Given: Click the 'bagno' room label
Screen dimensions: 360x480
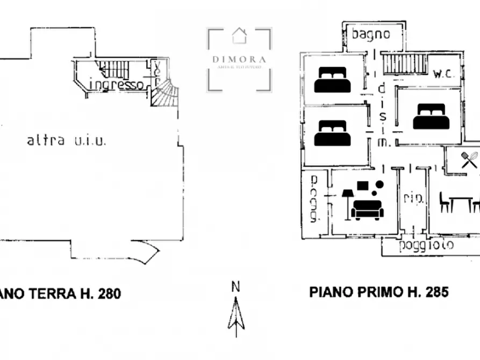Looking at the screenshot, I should [x=370, y=34].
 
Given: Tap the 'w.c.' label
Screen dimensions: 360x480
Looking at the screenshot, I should [x=444, y=73].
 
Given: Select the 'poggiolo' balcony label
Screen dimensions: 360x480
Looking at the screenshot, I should [x=426, y=246].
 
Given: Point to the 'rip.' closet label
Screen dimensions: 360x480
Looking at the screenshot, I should [x=413, y=198].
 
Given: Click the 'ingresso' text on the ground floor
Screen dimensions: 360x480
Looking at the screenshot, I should [x=116, y=84].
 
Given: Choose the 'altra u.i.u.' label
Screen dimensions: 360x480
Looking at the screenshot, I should [x=67, y=141].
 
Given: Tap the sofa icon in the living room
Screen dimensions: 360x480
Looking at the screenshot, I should [x=367, y=209].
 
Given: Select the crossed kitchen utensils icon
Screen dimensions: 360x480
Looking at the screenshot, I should [x=469, y=160].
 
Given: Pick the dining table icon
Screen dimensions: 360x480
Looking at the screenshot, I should [x=461, y=203].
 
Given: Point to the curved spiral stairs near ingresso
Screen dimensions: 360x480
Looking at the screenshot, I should [x=163, y=93].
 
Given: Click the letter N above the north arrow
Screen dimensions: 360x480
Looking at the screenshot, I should [x=235, y=287].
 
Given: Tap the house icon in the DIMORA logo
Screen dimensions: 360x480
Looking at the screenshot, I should [x=239, y=36].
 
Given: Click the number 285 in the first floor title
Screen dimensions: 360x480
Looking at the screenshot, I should [x=436, y=292].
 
